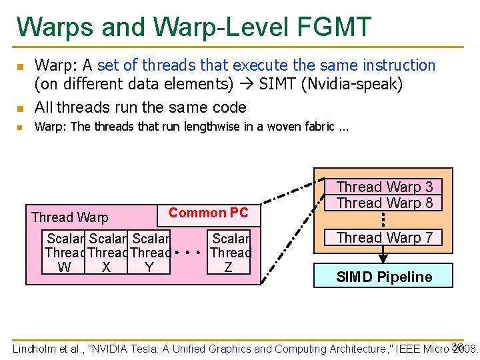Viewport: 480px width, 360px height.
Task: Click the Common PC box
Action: click(x=208, y=213)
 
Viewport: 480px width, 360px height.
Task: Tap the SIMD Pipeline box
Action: click(x=384, y=277)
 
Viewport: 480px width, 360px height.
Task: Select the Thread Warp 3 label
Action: click(x=384, y=187)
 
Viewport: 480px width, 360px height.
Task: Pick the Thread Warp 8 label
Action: click(x=384, y=203)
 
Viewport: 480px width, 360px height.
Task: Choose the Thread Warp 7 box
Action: click(x=384, y=237)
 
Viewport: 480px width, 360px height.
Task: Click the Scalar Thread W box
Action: click(x=65, y=253)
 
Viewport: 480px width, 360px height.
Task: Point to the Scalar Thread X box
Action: click(x=107, y=253)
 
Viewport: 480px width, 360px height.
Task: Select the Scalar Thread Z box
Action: click(x=230, y=253)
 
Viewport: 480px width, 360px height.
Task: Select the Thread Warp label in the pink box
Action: click(x=69, y=217)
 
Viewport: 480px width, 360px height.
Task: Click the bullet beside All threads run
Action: click(x=20, y=108)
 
